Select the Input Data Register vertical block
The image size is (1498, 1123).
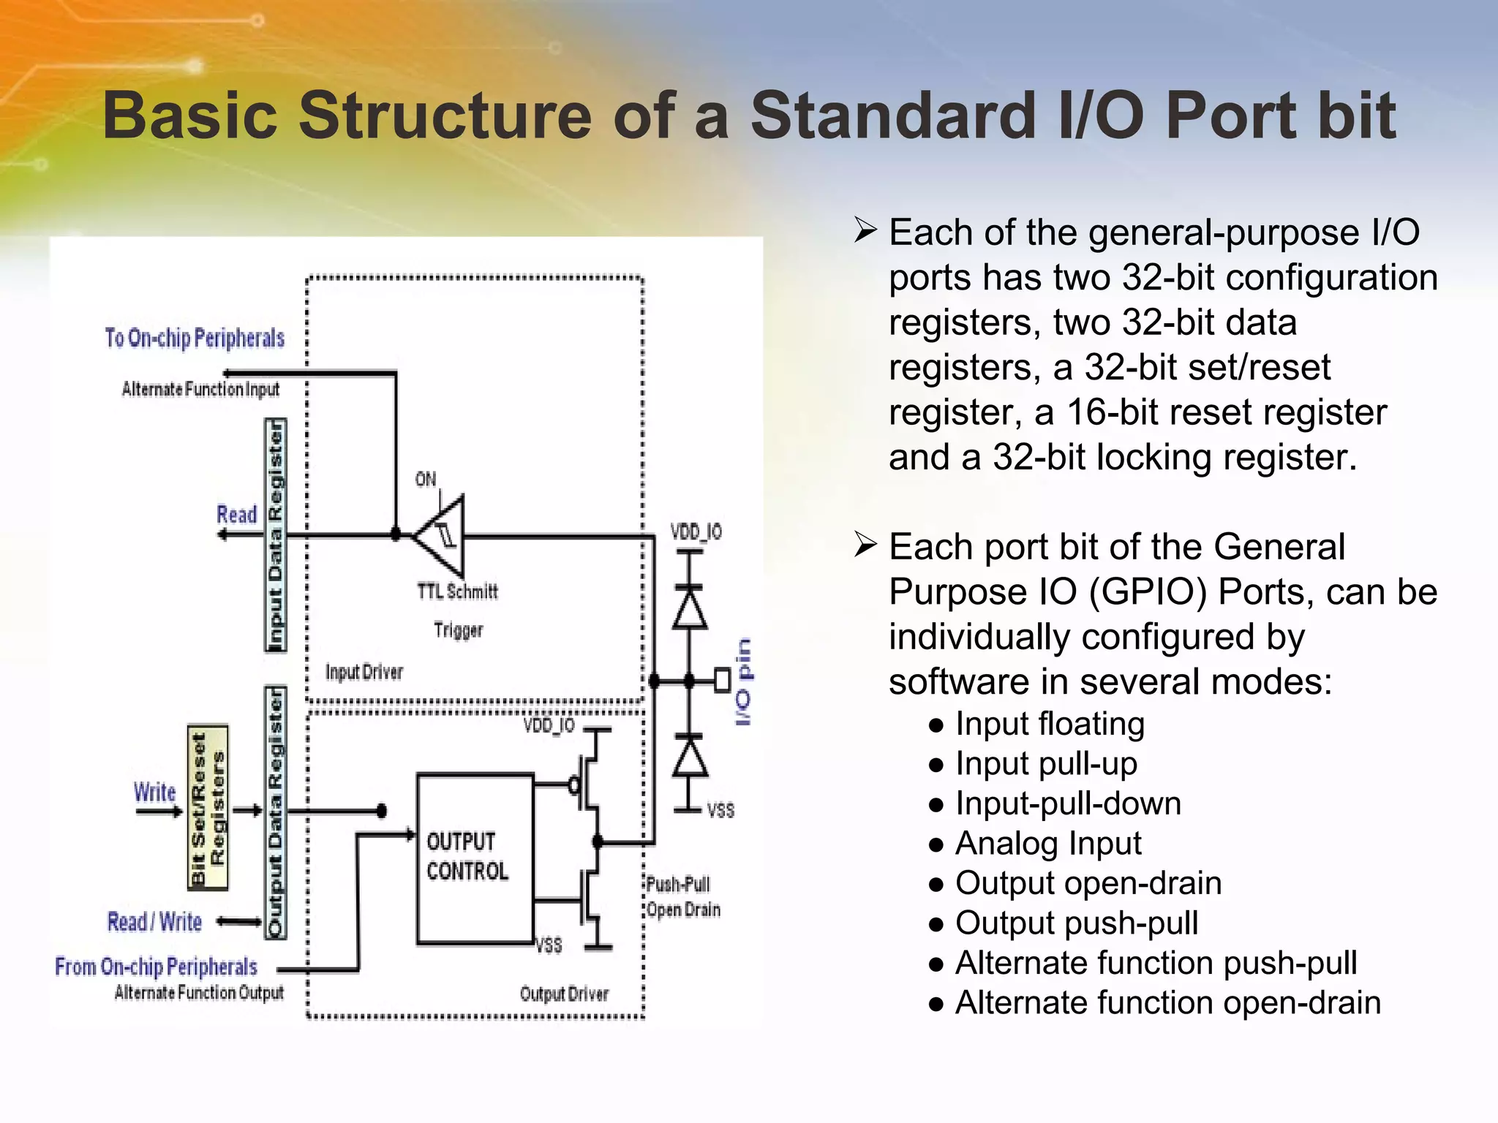275,535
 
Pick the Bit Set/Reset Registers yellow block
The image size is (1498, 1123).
208,807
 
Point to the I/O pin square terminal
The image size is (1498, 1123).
722,680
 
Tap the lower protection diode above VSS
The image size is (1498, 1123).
689,757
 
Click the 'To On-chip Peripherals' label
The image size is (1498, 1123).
195,338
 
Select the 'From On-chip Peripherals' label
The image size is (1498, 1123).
156,967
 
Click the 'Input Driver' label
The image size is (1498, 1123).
364,672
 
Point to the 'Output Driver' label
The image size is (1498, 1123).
564,994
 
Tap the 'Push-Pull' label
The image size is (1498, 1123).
678,885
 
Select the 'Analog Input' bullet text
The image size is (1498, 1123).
1048,843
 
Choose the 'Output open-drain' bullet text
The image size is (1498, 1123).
1088,883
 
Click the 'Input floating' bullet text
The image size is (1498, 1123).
1050,724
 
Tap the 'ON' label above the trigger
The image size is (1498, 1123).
426,480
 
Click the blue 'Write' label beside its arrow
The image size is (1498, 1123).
155,792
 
